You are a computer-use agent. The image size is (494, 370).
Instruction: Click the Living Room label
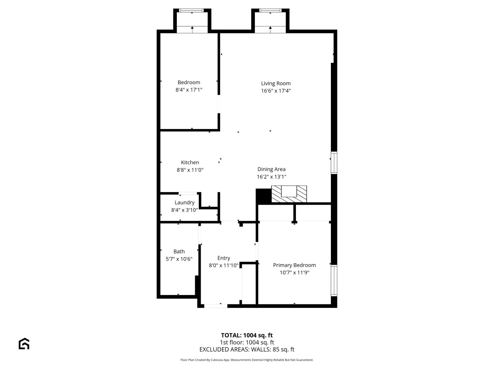[x=276, y=83]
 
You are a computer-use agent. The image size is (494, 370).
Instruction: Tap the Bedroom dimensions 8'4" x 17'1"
[x=189, y=90]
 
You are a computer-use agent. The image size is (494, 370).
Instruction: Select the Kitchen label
[x=190, y=162]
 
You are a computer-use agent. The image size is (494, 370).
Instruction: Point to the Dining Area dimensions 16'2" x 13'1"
[x=271, y=177]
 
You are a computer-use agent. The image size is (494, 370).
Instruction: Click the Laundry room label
[x=184, y=202]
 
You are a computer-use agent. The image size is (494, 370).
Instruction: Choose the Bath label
[x=179, y=251]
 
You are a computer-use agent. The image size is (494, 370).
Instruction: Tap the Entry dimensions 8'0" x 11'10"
[x=224, y=265]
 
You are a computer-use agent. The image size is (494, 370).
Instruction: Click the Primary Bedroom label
[x=294, y=265]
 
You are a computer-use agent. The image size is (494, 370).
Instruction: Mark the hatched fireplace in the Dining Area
[x=289, y=194]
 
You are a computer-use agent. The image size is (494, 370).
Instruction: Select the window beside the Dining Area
[x=334, y=163]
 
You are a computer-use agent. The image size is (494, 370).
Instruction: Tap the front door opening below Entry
[x=216, y=306]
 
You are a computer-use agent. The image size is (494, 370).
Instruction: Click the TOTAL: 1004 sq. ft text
[x=247, y=335]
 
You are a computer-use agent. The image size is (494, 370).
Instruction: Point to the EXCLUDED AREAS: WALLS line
[x=247, y=349]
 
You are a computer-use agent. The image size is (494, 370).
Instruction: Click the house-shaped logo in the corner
[x=24, y=344]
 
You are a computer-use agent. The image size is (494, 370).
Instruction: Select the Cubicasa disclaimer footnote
[x=247, y=360]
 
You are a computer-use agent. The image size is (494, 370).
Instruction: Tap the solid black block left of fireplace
[x=263, y=196]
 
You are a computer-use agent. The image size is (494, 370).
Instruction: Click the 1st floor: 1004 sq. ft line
[x=247, y=342]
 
